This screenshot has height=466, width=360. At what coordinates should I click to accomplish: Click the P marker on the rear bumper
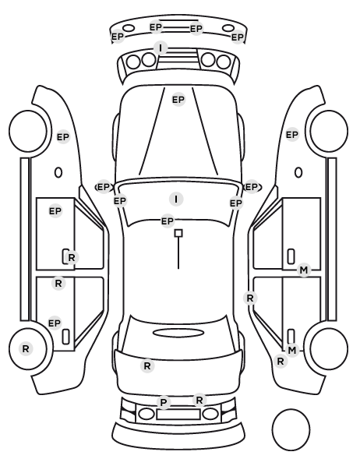pyautogui.click(x=164, y=402)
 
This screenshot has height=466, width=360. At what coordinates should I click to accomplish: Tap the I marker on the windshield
pyautogui.click(x=176, y=199)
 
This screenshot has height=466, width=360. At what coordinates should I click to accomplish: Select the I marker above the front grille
pyautogui.click(x=161, y=48)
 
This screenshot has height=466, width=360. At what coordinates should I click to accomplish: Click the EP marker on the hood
pyautogui.click(x=178, y=100)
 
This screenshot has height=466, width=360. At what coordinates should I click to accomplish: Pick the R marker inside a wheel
pyautogui.click(x=26, y=348)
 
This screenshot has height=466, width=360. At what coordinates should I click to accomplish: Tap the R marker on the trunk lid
pyautogui.click(x=147, y=366)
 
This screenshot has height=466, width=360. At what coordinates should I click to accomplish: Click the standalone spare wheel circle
pyautogui.click(x=291, y=429)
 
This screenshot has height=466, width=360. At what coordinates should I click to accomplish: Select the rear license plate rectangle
pyautogui.click(x=178, y=415)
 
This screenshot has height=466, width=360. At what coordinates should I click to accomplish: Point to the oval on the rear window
pyautogui.click(x=178, y=333)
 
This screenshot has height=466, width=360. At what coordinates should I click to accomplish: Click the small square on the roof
pyautogui.click(x=178, y=233)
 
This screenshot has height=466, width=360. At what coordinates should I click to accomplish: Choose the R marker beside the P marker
pyautogui.click(x=199, y=400)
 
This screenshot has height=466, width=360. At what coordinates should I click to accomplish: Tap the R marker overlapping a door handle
pyautogui.click(x=72, y=258)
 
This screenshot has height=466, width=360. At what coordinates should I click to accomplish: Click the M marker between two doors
pyautogui.click(x=304, y=270)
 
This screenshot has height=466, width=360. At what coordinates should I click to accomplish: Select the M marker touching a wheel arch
pyautogui.click(x=292, y=351)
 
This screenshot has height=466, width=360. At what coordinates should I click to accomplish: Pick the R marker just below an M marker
pyautogui.click(x=281, y=362)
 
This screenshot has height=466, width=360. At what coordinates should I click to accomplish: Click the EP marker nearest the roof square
pyautogui.click(x=167, y=221)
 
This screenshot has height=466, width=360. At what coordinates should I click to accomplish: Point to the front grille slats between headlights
pyautogui.click(x=178, y=58)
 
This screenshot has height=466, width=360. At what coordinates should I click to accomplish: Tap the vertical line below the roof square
pyautogui.click(x=178, y=253)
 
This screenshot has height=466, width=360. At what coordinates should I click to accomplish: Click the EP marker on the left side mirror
pyautogui.click(x=104, y=187)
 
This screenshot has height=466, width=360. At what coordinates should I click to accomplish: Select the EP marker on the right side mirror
pyautogui.click(x=252, y=187)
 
